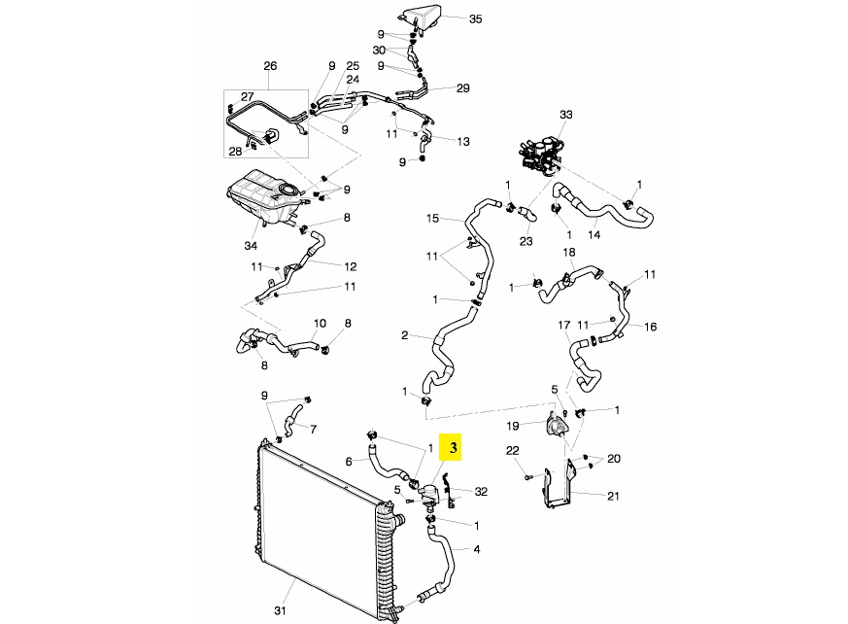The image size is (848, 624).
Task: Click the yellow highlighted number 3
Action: pos(452,448)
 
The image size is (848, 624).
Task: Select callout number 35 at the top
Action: pos(475,18)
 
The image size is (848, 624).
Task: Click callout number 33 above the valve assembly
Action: pos(566,115)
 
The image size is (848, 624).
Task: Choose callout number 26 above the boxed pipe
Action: pos(270,66)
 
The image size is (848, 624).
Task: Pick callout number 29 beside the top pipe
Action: pos(462,88)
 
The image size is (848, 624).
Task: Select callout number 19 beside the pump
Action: pos(512,425)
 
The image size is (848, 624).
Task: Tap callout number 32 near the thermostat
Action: pos(481,492)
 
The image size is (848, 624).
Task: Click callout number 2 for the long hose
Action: pos(404,335)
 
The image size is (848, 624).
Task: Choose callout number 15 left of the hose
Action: pos(433,219)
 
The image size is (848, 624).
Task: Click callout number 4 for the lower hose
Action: pos(477,549)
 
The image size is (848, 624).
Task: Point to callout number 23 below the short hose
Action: pos(526,241)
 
